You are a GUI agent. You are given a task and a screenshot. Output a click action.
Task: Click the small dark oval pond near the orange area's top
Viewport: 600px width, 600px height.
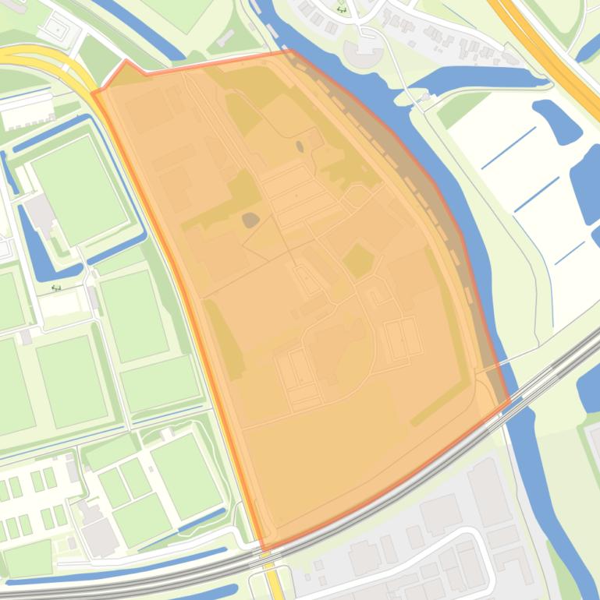[300, 146]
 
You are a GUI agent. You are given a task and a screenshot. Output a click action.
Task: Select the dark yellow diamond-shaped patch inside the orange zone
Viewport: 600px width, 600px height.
[357, 260]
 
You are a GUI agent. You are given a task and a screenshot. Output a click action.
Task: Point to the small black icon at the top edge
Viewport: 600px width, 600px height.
[342, 10]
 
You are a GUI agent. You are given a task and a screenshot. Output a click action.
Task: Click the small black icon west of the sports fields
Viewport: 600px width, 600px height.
[57, 287]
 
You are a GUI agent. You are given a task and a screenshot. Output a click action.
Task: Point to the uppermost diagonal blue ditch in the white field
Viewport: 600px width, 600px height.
[508, 148]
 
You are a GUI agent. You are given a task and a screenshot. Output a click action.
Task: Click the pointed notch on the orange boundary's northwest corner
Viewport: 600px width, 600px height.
[126, 61]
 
